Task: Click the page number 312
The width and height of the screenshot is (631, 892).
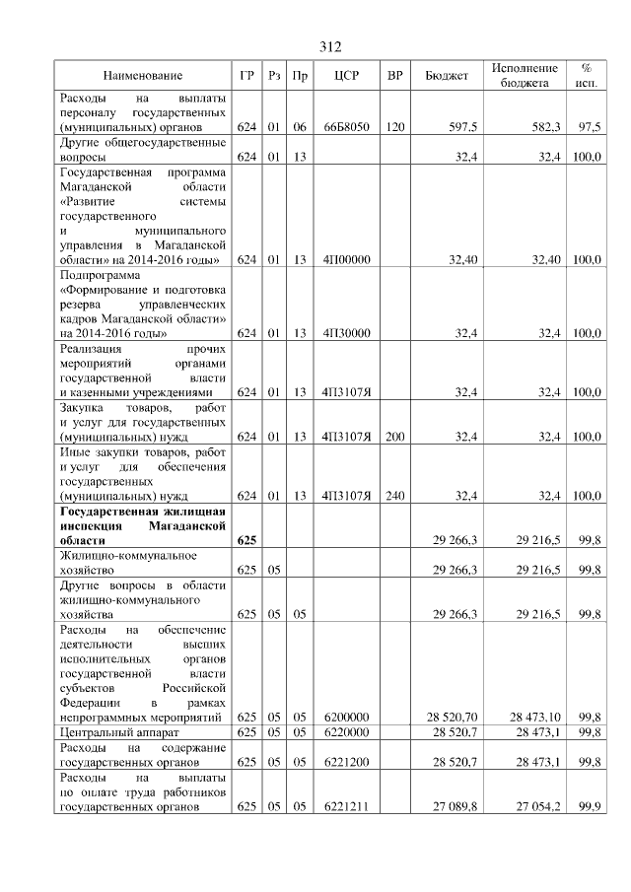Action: click(329, 46)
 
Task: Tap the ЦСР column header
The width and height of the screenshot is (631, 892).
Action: click(345, 76)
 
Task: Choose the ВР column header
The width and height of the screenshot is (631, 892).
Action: click(395, 76)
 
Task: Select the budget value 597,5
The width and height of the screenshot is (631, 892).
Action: click(463, 128)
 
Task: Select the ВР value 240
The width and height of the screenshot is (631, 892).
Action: click(395, 496)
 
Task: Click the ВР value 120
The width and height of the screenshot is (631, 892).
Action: click(395, 128)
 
